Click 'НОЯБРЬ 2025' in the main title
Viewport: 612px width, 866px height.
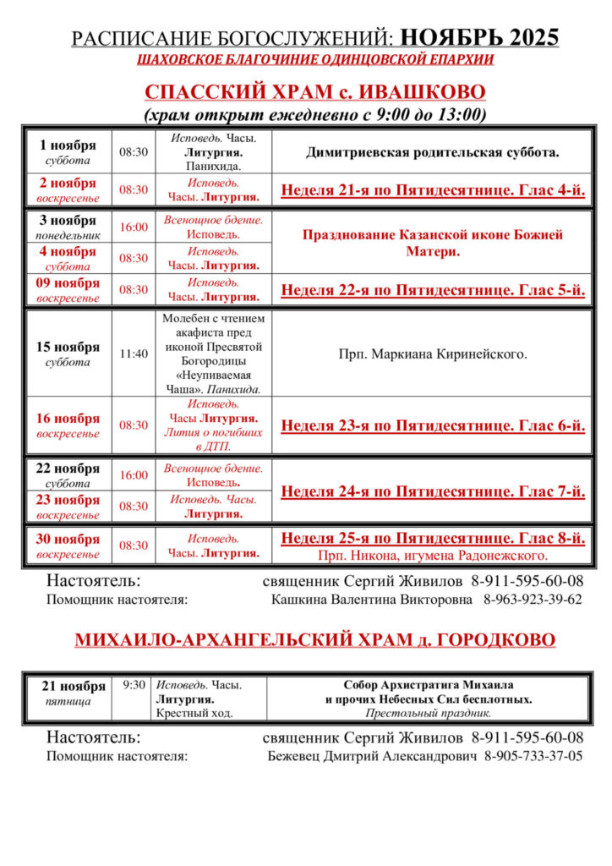tap(479, 37)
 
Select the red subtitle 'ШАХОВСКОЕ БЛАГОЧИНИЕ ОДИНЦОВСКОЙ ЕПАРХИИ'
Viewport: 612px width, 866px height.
tap(314, 60)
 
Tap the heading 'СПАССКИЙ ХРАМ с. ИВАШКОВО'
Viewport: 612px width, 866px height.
tap(314, 92)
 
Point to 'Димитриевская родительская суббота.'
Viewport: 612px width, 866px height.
tap(433, 153)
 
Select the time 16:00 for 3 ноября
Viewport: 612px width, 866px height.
tap(133, 227)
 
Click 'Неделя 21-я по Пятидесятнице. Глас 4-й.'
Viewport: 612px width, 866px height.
tap(433, 189)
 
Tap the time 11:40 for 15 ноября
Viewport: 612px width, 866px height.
tap(133, 354)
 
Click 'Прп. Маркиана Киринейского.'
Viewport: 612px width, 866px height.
tap(433, 354)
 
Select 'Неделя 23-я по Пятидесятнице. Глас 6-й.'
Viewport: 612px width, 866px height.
tap(433, 425)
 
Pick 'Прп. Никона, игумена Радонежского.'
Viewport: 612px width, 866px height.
tap(433, 556)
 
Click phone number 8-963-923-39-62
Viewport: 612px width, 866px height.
tap(533, 600)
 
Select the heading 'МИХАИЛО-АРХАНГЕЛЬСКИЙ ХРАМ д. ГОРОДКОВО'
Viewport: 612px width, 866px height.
tap(314, 640)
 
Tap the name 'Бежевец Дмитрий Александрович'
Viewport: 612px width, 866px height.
tap(372, 756)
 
